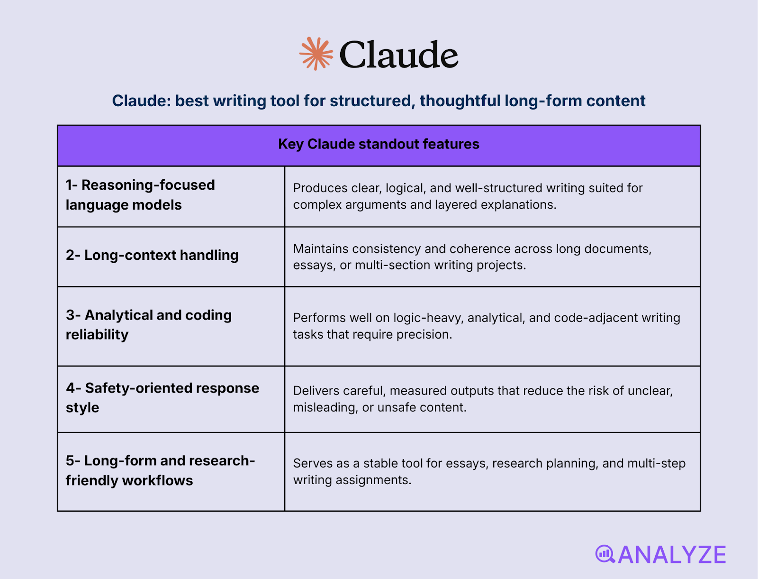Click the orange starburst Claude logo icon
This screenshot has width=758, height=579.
316,54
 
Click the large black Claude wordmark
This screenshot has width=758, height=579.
398,55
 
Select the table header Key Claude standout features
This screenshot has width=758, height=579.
379,144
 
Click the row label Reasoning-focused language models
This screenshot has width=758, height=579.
140,195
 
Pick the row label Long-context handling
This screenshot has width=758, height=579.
152,255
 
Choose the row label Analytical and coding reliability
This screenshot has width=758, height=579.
149,325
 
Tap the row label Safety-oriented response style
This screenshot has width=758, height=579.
162,397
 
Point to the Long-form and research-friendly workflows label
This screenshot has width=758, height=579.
160,470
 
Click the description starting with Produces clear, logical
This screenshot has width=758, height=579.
468,196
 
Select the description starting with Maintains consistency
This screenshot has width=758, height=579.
472,257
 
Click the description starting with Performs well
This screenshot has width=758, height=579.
486,326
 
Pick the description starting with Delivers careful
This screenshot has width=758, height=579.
483,399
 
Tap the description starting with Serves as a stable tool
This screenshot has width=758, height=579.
489,471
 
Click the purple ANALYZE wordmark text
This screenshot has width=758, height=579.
672,555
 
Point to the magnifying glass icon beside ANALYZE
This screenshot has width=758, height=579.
605,554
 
